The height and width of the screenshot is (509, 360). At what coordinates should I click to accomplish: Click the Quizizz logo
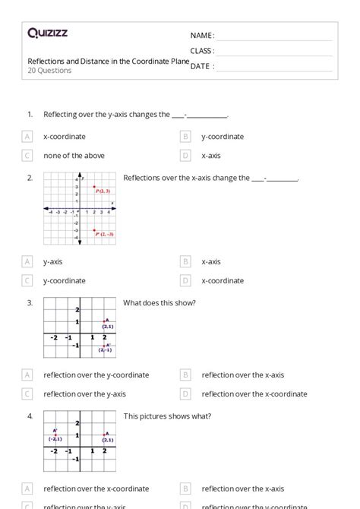pos(47,33)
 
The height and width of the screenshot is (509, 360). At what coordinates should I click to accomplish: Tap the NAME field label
pos(202,36)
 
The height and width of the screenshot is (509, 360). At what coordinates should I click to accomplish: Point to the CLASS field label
pos(202,51)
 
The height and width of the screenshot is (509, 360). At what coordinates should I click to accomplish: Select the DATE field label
pos(201,66)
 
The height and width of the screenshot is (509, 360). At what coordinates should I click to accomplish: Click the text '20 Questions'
pos(49,71)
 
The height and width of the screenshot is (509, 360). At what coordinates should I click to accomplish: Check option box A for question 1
pos(27,137)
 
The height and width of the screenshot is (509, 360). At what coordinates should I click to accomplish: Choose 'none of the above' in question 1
pos(74,156)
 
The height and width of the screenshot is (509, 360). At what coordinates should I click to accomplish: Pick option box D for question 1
pos(185,156)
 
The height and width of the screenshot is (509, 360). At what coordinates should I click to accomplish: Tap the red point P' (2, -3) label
pos(105,234)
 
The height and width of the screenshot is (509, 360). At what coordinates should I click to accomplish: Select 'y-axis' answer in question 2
pos(52,262)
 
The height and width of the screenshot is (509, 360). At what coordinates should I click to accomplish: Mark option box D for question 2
pos(185,281)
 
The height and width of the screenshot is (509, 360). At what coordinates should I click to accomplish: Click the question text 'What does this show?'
pos(159,303)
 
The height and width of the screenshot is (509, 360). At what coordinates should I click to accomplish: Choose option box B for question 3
pos(185,375)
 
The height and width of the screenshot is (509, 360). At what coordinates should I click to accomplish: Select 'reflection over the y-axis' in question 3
pos(84,394)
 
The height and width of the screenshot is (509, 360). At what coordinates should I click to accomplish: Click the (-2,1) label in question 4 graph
pos(55,439)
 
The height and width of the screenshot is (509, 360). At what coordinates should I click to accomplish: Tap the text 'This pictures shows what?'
pos(167,416)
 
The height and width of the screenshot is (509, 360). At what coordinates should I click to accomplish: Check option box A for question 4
pos(27,489)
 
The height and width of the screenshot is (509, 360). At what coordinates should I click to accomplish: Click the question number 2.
pos(30,178)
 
